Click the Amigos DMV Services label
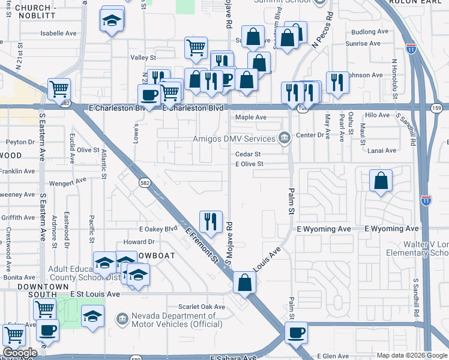pos(234,139)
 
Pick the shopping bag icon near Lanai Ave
pos(381,181)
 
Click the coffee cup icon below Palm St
pos(295,333)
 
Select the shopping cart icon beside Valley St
pos(196,48)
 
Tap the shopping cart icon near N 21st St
pos(59,89)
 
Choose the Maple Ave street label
pos(251,118)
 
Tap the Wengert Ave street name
pos(69,181)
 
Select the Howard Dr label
pos(139,242)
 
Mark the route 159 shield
pos(436,107)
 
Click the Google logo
pos(20,353)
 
